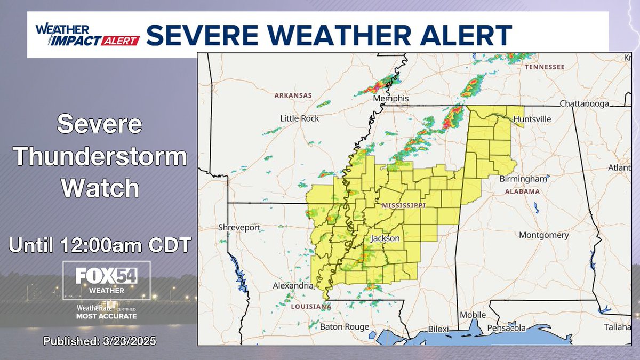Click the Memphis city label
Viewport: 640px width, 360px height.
coord(390,99)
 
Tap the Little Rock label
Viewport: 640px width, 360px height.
coord(300,118)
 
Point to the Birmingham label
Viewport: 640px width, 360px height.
coord(523,179)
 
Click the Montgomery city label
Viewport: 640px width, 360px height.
coord(543,235)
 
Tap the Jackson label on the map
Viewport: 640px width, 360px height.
coord(385,238)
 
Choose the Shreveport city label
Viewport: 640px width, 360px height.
coord(239,228)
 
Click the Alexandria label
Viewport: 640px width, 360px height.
coord(293,286)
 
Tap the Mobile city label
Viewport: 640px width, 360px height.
coord(473,315)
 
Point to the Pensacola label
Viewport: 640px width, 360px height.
coord(509,328)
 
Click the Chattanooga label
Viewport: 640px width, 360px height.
coord(584,103)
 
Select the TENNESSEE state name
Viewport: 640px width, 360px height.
coord(544,67)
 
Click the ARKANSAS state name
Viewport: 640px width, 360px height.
coord(293,95)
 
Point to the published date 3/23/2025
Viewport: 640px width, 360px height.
coord(100,341)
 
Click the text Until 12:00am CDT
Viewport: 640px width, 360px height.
coord(100,245)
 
